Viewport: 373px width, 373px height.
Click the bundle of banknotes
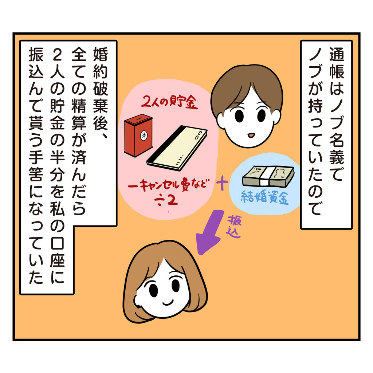[268, 176]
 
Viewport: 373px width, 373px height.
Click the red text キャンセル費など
[169, 185]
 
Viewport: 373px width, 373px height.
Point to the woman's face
[164, 288]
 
